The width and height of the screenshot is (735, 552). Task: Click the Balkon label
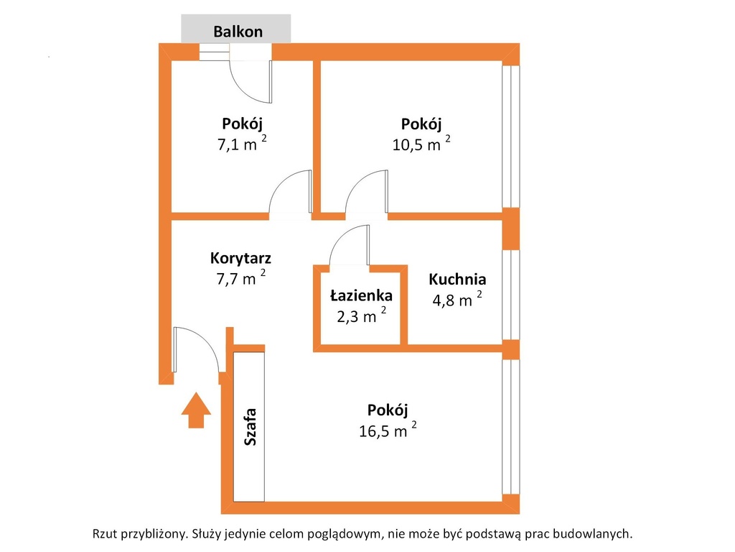coord(238,32)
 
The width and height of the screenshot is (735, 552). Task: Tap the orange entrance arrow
coord(196,410)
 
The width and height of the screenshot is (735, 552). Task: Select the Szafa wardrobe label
coord(251,427)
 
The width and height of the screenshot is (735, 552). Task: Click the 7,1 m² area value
coord(242,143)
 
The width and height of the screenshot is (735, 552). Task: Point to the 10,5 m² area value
coord(421,143)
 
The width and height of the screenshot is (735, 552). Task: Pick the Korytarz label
coord(240,258)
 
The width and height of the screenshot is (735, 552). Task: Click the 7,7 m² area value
coord(240,277)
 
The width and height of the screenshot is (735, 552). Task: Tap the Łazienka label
coord(361,295)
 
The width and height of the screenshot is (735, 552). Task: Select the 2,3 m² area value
coord(362,316)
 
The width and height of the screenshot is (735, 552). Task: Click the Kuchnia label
coord(457,280)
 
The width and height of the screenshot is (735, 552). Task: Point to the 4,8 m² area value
coord(457,298)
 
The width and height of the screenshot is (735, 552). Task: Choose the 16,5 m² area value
coord(388,429)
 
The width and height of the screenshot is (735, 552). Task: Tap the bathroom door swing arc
coord(341,237)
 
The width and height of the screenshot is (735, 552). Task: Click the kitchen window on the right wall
coord(511,295)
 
